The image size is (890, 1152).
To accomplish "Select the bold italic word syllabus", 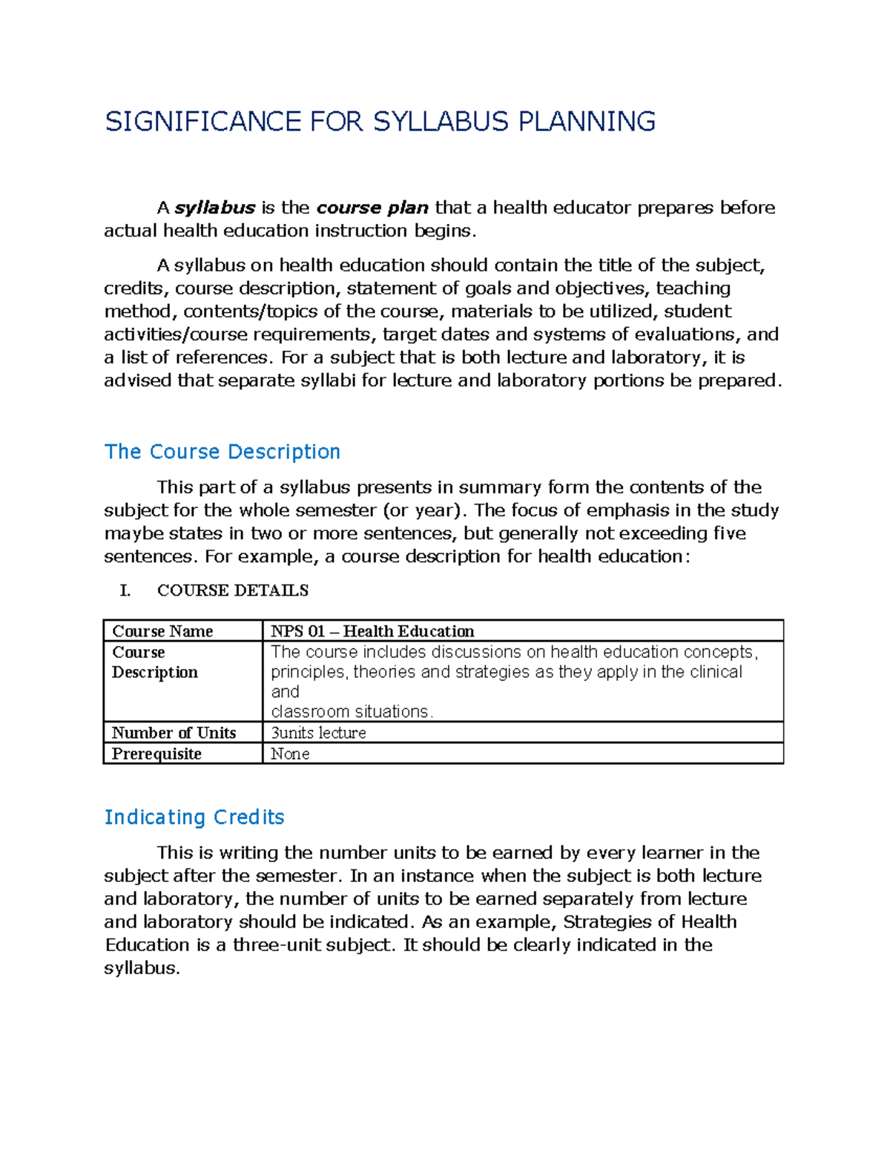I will (215, 208).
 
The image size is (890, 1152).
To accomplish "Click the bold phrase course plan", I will (372, 208).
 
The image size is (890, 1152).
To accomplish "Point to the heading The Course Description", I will (222, 452).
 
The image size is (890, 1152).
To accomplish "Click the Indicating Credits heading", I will (194, 817).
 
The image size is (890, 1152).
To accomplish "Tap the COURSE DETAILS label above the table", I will (233, 590).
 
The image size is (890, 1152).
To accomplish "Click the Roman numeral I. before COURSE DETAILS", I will (125, 590).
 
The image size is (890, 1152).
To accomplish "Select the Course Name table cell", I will (162, 631).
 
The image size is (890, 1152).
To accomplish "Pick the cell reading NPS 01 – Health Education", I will (372, 631).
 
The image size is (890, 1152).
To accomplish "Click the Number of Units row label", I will (174, 733).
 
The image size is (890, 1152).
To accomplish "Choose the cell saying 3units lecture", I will (318, 733).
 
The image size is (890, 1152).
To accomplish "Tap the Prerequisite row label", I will (156, 754).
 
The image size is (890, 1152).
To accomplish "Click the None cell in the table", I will (290, 754).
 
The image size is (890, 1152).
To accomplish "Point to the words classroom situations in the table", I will (351, 711).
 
